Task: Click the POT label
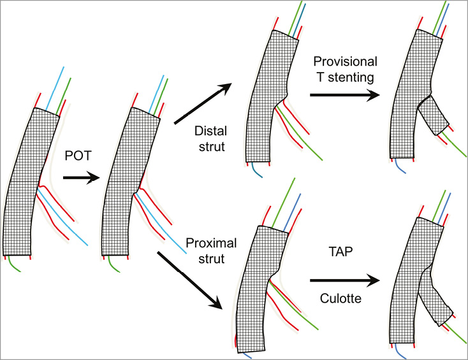pyautogui.click(x=77, y=155)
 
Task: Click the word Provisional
pyautogui.click(x=346, y=61)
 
